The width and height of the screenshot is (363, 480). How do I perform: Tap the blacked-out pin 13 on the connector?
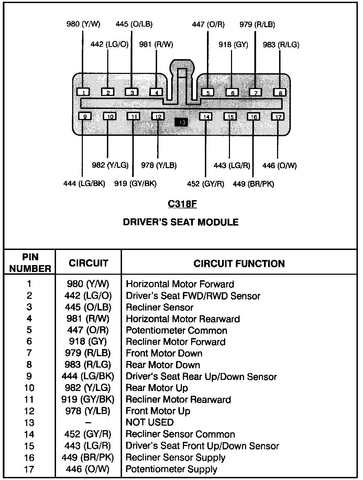point(181,122)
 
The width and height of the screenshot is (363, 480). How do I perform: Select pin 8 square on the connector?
point(280,92)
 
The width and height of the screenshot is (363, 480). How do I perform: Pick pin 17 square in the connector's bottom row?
point(278,117)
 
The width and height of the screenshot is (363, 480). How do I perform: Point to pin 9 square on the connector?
point(85,116)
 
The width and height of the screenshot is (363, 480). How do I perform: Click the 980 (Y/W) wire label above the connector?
point(83,24)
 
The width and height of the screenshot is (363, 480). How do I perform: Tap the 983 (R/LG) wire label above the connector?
point(281,45)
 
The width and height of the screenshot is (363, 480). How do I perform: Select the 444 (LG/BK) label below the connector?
point(84,184)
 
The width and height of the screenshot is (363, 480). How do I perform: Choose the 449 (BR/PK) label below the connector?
point(253,184)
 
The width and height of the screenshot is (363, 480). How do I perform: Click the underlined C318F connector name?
point(182,204)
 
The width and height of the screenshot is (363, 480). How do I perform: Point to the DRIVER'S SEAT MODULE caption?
point(180,222)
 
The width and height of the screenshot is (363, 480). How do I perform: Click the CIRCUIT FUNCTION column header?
point(239,264)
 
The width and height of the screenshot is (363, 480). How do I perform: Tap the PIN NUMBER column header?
point(30,263)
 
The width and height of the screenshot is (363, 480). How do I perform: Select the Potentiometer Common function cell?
point(176,330)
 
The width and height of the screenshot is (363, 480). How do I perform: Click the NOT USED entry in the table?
point(150,422)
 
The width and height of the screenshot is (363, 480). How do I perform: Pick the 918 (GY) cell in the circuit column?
point(88,342)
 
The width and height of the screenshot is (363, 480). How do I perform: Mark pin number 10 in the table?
point(29,388)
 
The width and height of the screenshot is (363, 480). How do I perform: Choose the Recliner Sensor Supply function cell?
point(175,458)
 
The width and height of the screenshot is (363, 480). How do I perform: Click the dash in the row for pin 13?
point(88,423)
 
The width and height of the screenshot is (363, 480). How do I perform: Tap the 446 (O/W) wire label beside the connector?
point(279,166)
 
